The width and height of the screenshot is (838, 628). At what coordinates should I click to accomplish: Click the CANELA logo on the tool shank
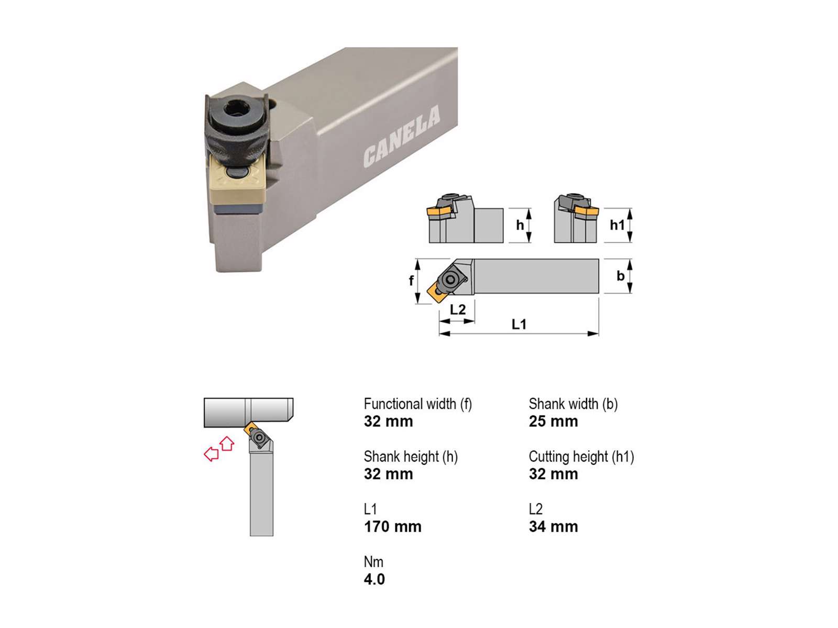(x=401, y=137)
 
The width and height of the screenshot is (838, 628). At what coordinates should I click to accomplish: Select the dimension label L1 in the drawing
(x=519, y=324)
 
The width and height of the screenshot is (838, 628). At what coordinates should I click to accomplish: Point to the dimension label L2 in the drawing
(x=458, y=309)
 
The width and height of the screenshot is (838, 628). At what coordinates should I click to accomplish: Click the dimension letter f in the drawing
(x=411, y=281)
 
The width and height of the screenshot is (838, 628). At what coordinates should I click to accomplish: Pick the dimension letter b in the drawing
(x=621, y=275)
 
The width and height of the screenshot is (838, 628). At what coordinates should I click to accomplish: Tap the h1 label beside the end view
(x=617, y=225)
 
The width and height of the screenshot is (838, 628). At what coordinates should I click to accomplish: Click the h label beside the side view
(x=520, y=225)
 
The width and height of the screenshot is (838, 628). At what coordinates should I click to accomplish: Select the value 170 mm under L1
(x=392, y=526)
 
